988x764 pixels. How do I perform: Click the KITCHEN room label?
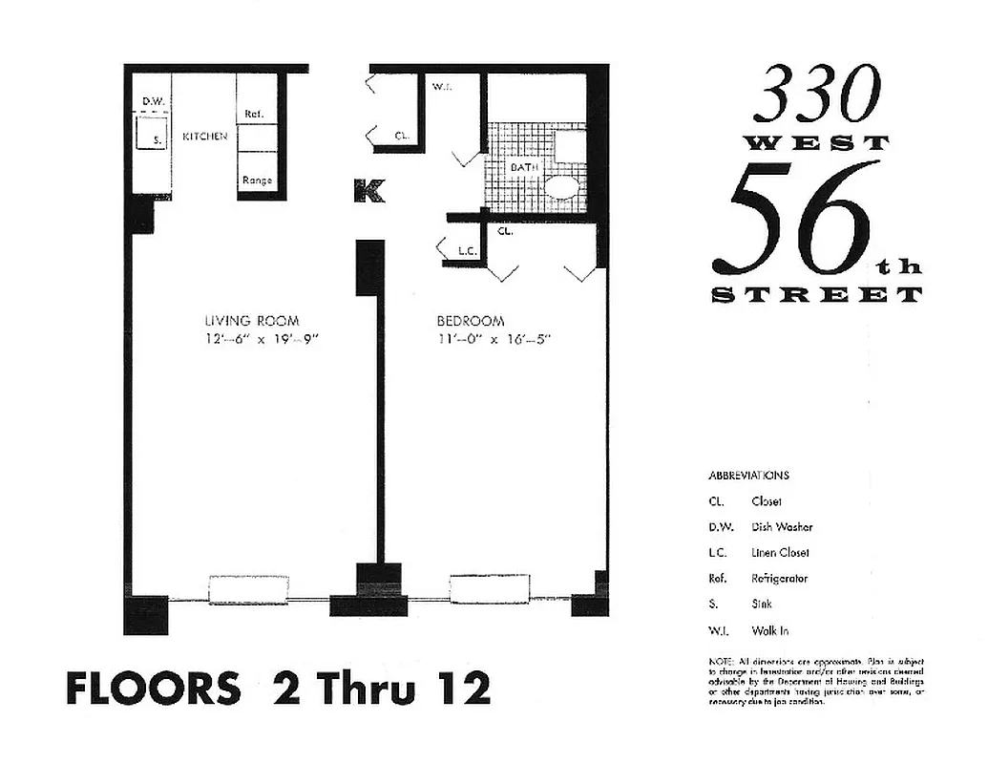(x=205, y=137)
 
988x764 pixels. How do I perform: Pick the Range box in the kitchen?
(x=257, y=180)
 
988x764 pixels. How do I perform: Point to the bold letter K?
(x=368, y=191)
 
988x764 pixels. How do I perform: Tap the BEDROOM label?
(x=471, y=321)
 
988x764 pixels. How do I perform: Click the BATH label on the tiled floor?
(x=524, y=167)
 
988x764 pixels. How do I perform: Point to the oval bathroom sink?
(x=563, y=185)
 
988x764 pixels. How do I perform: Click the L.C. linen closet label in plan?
(x=467, y=252)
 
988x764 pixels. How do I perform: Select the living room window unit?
(x=248, y=589)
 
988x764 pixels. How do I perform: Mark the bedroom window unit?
(x=489, y=589)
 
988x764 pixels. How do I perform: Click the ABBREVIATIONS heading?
(x=748, y=475)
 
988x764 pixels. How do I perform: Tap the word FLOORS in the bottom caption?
(x=153, y=688)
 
